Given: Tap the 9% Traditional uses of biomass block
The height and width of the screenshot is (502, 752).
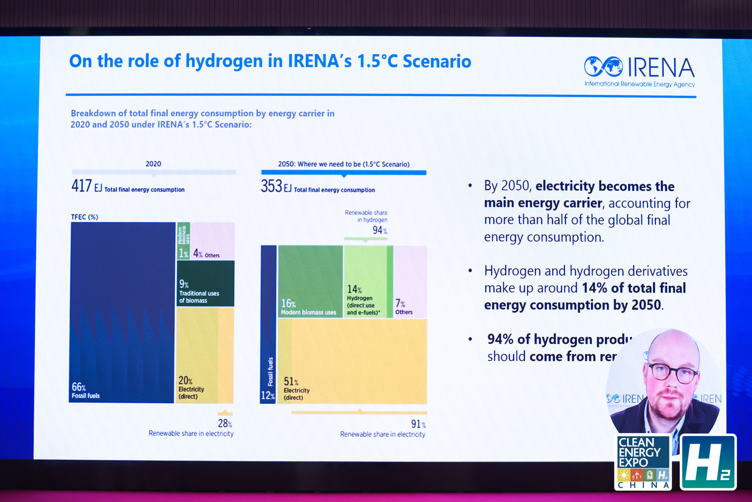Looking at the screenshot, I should coord(205,283).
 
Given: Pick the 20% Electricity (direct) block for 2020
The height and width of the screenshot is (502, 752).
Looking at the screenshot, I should coord(204,355).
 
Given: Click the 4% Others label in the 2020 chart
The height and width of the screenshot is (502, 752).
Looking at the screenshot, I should coord(206,254).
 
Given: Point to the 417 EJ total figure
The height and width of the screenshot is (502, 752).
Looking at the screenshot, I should coord(81,186).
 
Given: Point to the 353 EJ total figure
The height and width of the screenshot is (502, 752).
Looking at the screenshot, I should coord(271,186).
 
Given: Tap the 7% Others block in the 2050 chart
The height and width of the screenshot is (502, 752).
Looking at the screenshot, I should coord(410,281).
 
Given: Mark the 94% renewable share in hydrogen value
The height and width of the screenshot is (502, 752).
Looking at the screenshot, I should coord(380,230).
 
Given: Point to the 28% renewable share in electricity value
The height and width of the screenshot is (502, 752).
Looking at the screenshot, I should coord(225,423).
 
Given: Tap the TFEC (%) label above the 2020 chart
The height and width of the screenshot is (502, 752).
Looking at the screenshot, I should coord(85,217).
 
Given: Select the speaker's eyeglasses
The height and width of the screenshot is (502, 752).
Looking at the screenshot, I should coord(672,372).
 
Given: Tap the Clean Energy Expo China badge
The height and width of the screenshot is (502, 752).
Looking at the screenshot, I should coord(643,462).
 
